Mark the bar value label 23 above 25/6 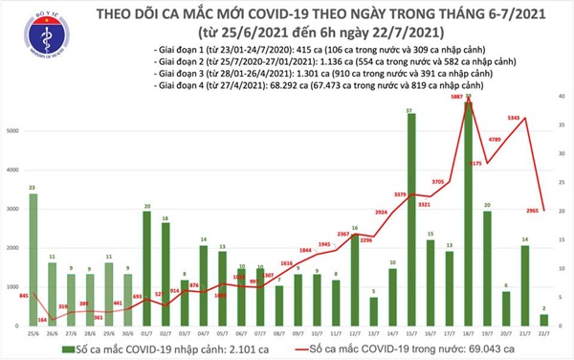pos(33,188)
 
